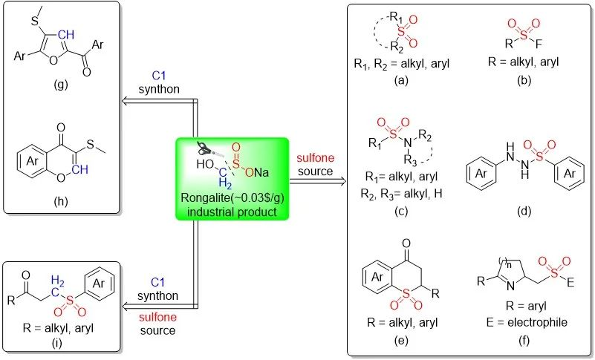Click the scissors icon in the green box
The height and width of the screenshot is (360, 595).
[x=206, y=149]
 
